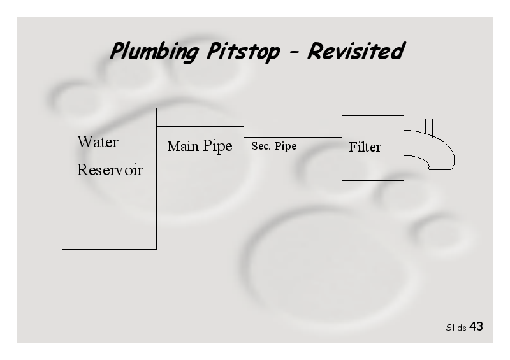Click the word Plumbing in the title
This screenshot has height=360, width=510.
(154, 52)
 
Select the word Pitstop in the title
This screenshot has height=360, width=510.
(244, 52)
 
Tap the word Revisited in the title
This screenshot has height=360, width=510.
(356, 51)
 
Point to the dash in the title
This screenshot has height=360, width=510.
(294, 52)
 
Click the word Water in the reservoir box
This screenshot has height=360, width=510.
(98, 142)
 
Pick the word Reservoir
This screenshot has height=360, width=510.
(110, 169)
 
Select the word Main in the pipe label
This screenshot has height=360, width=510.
(183, 146)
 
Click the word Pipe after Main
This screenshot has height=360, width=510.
(217, 147)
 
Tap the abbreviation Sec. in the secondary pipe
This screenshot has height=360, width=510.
(261, 146)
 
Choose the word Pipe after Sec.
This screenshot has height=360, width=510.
(285, 147)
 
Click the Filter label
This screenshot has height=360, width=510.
(365, 147)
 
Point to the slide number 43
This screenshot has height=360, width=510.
(476, 326)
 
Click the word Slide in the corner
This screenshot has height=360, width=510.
(456, 328)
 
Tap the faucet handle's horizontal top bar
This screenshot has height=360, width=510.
(429, 119)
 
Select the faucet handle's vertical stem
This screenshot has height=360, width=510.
(429, 127)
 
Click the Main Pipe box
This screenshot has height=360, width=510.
(200, 146)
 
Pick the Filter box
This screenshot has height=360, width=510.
(373, 148)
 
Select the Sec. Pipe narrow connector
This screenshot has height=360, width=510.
(293, 146)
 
